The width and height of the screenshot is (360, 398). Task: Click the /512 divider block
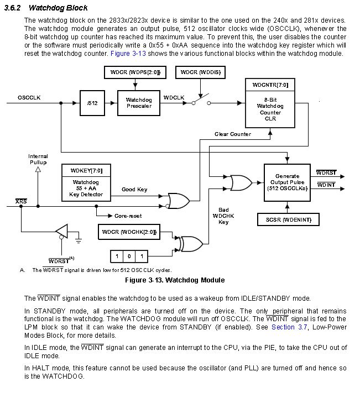92,103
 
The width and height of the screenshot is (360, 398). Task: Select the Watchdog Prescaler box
138,103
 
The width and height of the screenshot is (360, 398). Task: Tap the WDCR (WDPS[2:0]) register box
131,72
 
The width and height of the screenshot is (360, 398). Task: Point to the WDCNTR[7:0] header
270,85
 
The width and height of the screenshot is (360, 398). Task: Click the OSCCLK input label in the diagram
29,97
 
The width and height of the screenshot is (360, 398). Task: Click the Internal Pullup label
38,159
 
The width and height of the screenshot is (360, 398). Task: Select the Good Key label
134,190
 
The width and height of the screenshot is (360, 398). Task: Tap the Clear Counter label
233,134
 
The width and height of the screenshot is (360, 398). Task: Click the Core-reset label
128,215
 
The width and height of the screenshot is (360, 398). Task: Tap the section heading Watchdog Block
58,8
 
